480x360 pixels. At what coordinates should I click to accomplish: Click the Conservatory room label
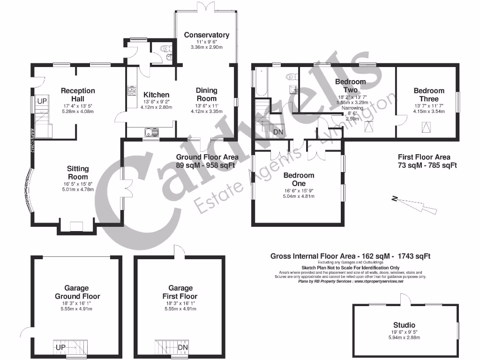[x=206, y=35]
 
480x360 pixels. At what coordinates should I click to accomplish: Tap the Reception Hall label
[x=78, y=94]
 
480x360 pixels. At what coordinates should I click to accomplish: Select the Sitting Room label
[x=78, y=172]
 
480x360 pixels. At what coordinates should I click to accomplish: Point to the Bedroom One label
[x=299, y=179]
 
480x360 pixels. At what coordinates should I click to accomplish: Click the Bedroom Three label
[x=429, y=95]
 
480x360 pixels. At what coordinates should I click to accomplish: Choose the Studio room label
[x=404, y=325]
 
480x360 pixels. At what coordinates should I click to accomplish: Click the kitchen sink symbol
[x=151, y=133]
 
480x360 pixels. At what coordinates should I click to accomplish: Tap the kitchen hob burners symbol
[x=132, y=90]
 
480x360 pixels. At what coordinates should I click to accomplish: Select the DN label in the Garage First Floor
[x=183, y=347]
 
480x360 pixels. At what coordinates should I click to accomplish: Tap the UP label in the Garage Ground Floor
[x=60, y=347]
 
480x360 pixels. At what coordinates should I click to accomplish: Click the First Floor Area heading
[x=424, y=157]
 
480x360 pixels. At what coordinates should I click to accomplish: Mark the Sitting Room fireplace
[x=76, y=226]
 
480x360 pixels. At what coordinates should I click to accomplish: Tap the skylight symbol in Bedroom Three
[x=427, y=127]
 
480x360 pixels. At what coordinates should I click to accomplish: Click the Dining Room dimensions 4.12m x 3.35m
[x=206, y=112]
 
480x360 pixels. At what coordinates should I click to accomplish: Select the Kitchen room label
[x=156, y=95]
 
